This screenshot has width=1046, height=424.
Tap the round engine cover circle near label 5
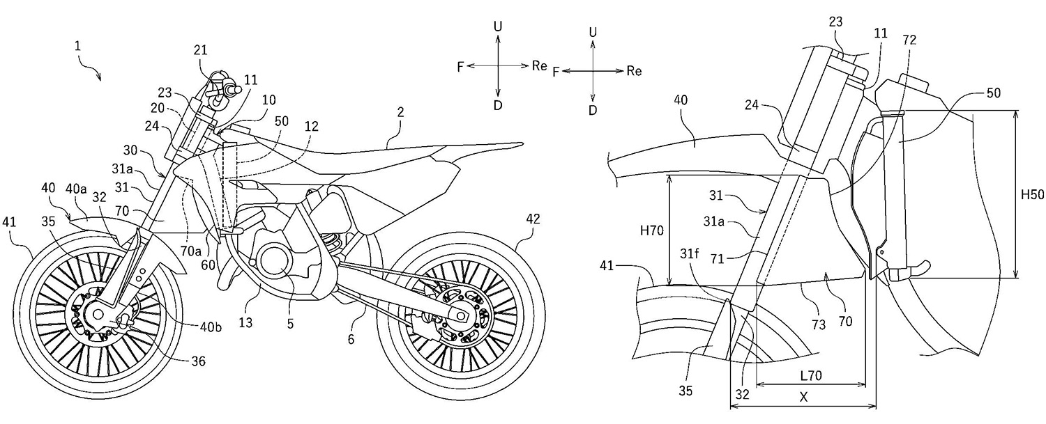click(274, 264)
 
